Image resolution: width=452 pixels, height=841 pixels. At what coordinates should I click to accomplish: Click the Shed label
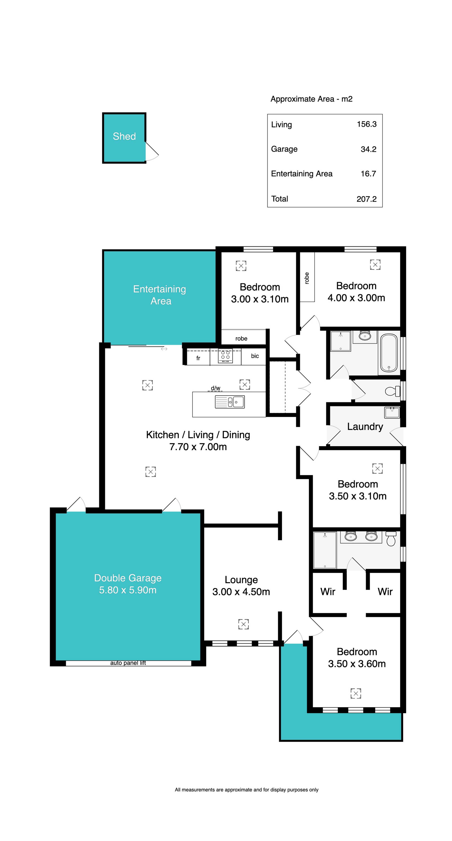click(x=124, y=136)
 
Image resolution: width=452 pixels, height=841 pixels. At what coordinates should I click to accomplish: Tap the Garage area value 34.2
click(x=368, y=149)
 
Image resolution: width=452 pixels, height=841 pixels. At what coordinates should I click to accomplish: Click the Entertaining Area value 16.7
click(x=368, y=174)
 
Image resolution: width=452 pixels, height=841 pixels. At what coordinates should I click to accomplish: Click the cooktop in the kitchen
click(x=225, y=356)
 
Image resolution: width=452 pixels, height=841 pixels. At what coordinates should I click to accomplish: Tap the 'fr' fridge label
click(x=198, y=358)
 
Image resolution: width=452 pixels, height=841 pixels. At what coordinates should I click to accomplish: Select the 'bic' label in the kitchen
click(x=255, y=356)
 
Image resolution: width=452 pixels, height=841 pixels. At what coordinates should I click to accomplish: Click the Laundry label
click(x=365, y=427)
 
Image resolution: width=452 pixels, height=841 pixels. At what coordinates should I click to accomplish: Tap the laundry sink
click(x=392, y=412)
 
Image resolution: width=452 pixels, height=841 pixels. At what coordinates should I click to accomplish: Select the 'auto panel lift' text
click(x=128, y=663)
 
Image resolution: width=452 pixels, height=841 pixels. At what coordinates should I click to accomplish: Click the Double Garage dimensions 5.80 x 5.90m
click(x=128, y=590)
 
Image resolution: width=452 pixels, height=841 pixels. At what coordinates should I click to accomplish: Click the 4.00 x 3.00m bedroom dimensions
click(x=356, y=298)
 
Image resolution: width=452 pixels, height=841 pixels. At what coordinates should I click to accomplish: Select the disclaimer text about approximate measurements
click(x=246, y=790)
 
